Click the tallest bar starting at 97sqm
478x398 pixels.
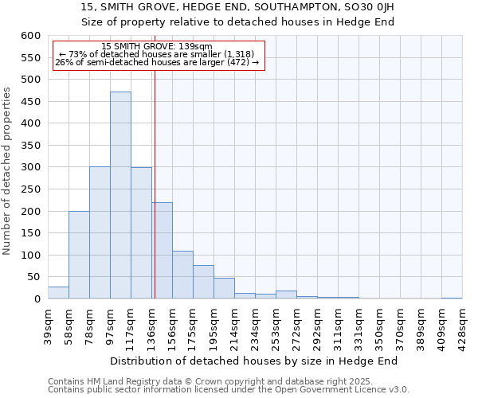[x=120, y=195]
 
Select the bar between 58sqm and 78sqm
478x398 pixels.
[x=79, y=255]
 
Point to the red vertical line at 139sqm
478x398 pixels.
[x=155, y=183]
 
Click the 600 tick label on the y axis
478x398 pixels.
[x=30, y=36]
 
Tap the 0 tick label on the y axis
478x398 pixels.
[x=37, y=299]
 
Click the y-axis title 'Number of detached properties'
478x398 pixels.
[x=8, y=171]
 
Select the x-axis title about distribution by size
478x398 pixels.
[x=253, y=361]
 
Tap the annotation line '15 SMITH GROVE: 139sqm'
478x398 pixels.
[x=158, y=47]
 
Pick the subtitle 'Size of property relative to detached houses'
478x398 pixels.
[x=238, y=21]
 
